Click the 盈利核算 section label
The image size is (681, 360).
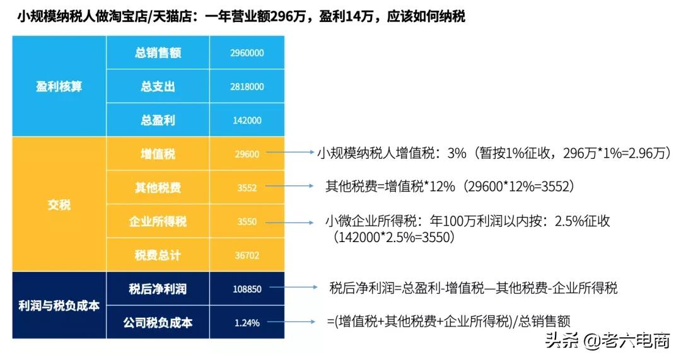tap(59, 86)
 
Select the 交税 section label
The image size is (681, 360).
tap(59, 205)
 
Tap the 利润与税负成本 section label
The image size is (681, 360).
tap(59, 306)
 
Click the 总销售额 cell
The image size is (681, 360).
tap(158, 53)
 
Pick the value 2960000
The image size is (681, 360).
tap(247, 53)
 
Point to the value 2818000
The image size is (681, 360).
tap(247, 87)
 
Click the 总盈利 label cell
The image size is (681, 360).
tap(158, 120)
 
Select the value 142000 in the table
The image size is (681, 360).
tap(247, 120)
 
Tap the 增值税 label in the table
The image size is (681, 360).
tap(158, 154)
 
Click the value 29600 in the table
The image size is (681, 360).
tap(247, 154)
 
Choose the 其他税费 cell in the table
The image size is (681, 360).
tap(158, 188)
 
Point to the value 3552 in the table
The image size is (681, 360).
tap(247, 188)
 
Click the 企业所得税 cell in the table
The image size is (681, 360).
tap(158, 221)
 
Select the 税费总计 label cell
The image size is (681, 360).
tap(158, 255)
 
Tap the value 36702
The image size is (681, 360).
tap(247, 255)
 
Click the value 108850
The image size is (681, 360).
tap(247, 289)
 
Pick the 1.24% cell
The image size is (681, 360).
tap(247, 323)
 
